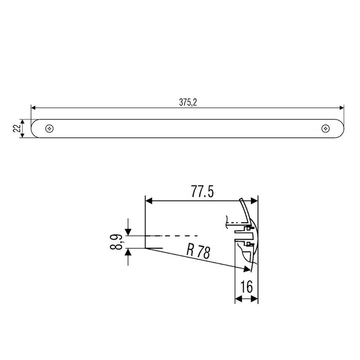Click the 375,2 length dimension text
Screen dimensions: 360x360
pyautogui.click(x=188, y=102)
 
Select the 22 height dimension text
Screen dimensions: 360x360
pyautogui.click(x=16, y=128)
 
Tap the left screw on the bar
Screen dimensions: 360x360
pyautogui.click(x=49, y=128)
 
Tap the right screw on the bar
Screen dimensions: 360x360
pyautogui.click(x=325, y=128)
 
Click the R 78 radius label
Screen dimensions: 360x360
pyautogui.click(x=198, y=252)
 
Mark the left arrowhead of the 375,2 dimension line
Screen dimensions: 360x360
pyautogui.click(x=33, y=109)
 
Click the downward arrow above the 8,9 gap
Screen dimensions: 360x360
pyautogui.click(x=128, y=231)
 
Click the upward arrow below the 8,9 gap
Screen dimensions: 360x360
pyautogui.click(x=128, y=253)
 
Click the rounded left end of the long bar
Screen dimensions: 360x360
pyautogui.click(x=34, y=128)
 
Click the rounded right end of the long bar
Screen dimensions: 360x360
pyautogui.click(x=340, y=128)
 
